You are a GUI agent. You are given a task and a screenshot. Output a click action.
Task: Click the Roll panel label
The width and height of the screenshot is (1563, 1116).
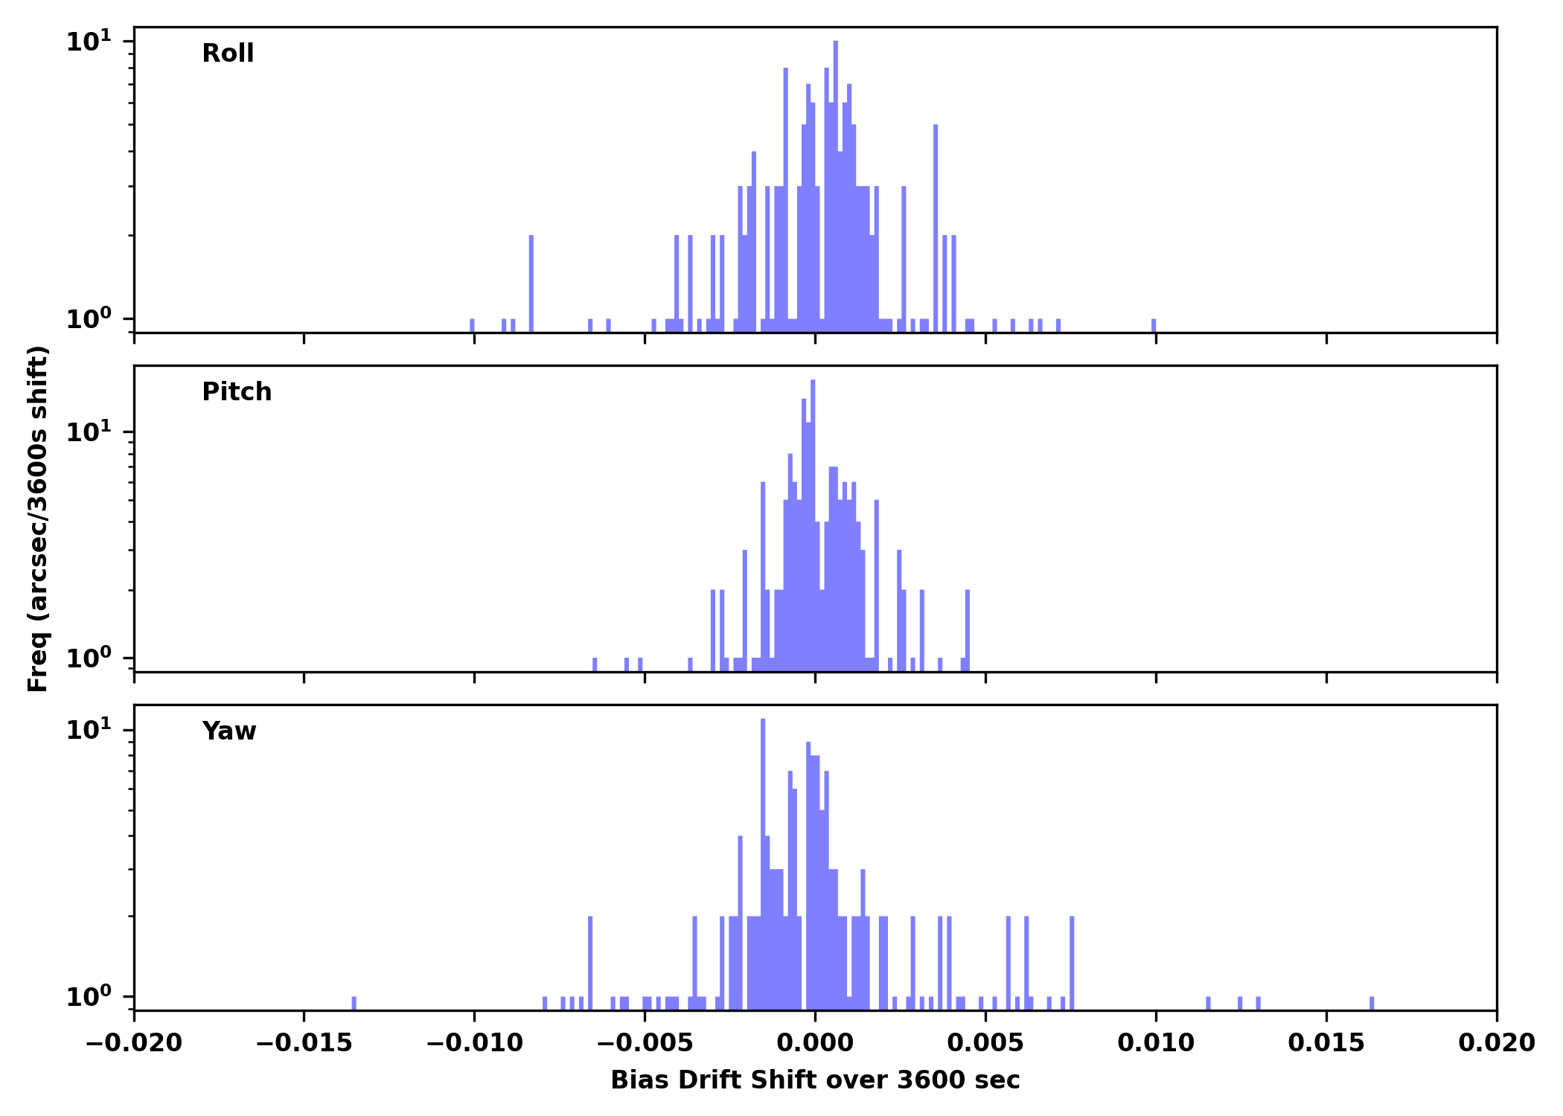pyautogui.click(x=228, y=54)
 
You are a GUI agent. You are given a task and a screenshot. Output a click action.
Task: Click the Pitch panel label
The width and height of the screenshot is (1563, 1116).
pyautogui.click(x=237, y=392)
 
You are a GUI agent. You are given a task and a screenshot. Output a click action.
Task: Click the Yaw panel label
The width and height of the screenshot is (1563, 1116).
pyautogui.click(x=228, y=731)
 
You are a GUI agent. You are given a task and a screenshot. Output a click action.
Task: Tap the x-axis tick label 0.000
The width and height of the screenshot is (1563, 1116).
pyautogui.click(x=815, y=1043)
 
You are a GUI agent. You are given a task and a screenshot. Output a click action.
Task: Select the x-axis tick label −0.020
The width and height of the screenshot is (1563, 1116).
pyautogui.click(x=134, y=1043)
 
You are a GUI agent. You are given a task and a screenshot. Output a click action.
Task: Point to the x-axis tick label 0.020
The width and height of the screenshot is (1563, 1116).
pyautogui.click(x=1496, y=1043)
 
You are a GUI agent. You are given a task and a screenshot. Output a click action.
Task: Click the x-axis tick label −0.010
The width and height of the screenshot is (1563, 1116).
pyautogui.click(x=474, y=1043)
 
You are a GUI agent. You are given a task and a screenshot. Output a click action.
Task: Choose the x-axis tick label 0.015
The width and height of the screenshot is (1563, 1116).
pyautogui.click(x=1326, y=1043)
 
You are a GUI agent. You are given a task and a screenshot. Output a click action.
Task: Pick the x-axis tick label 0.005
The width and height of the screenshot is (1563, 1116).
pyautogui.click(x=985, y=1043)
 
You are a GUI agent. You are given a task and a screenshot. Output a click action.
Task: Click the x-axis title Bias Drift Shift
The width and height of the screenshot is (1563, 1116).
pyautogui.click(x=815, y=1080)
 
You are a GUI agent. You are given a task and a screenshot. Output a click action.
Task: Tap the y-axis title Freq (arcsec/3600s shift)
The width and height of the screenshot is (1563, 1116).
pyautogui.click(x=38, y=519)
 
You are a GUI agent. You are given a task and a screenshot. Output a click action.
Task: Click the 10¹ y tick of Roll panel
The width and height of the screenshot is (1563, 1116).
pyautogui.click(x=89, y=41)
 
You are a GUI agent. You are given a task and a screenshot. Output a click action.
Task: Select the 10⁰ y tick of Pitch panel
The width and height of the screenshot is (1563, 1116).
pyautogui.click(x=89, y=658)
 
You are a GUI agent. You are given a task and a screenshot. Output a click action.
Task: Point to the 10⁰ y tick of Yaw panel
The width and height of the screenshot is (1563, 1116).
pyautogui.click(x=89, y=996)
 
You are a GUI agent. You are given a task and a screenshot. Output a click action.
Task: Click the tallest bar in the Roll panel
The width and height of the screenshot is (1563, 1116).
pyautogui.click(x=836, y=186)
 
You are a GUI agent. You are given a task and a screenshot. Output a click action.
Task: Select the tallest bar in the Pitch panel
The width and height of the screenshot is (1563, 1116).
pyautogui.click(x=813, y=521)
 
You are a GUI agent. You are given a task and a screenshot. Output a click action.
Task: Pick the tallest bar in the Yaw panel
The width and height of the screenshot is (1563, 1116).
pyautogui.click(x=763, y=863)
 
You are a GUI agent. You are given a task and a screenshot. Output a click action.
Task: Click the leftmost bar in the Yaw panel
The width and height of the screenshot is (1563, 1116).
pyautogui.click(x=354, y=1003)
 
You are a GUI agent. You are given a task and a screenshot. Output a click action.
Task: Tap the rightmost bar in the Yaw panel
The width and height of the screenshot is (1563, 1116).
pyautogui.click(x=1372, y=1003)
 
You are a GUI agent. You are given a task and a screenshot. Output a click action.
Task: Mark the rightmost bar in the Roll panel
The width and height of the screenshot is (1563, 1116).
pyautogui.click(x=1154, y=325)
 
